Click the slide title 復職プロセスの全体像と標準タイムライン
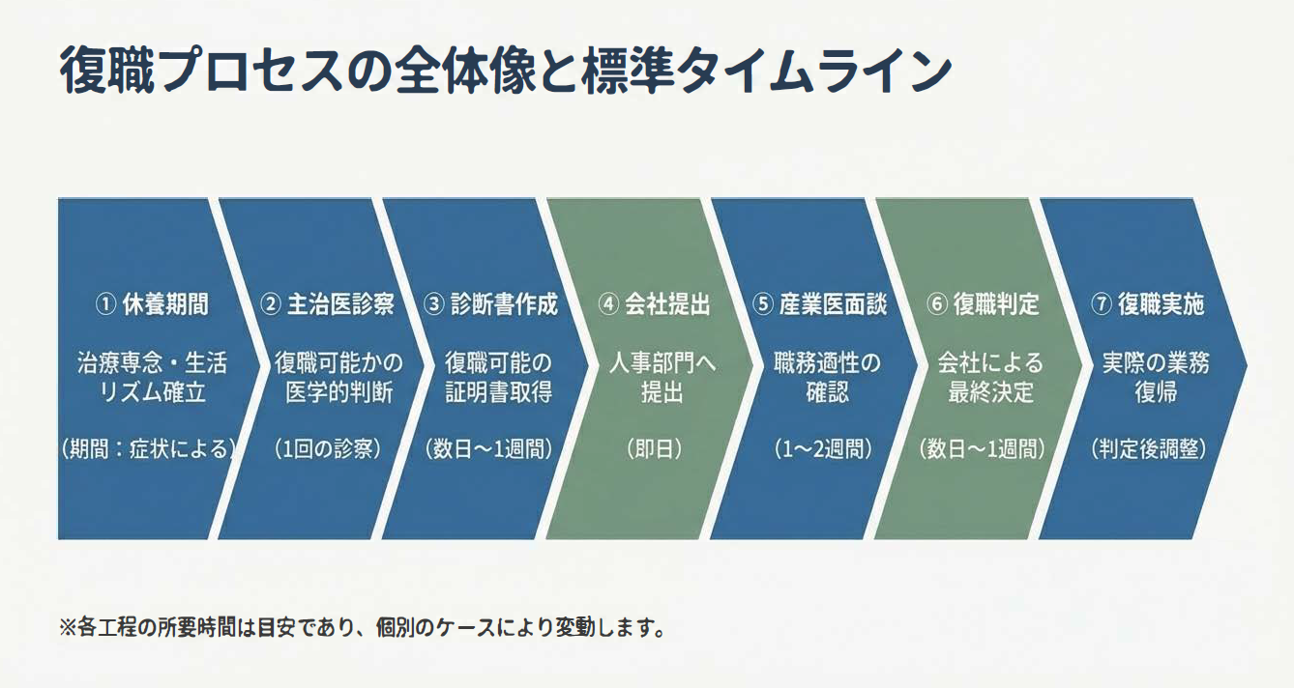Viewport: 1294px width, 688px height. pos(505,70)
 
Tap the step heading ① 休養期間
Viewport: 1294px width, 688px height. pos(152,304)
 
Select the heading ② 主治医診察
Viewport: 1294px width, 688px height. pos(327,304)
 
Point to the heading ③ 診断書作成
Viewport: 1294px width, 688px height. pos(491,304)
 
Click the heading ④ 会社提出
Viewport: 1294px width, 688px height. pos(655,304)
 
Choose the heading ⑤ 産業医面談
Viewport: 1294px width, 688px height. pos(819,304)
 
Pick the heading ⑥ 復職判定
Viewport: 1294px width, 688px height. pos(983,304)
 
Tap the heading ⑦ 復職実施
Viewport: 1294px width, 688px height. pos(1147,304)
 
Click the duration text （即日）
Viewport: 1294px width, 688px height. pos(655,449)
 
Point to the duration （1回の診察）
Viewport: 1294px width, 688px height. pos(327,449)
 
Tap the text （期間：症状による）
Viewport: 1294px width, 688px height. pos(148,449)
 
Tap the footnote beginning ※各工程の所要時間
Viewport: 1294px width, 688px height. pos(363,627)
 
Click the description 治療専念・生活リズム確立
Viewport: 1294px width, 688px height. pos(152,378)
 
